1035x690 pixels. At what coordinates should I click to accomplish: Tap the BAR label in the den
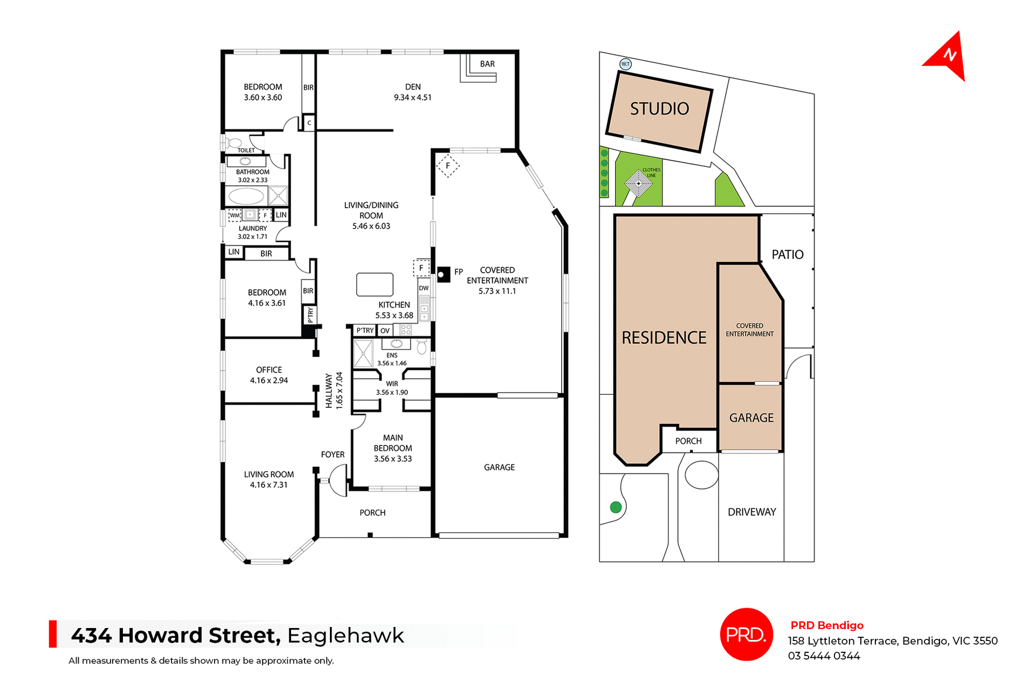coord(487,64)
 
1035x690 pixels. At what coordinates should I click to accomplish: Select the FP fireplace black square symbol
coord(443,275)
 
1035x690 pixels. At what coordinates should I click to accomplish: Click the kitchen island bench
coord(375,284)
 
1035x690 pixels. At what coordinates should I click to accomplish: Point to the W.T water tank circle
coord(625,64)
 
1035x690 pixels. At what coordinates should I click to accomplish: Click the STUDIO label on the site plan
coord(659,109)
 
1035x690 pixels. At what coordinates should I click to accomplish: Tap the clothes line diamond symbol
coord(639,183)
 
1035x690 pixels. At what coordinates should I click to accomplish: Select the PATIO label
coord(787,255)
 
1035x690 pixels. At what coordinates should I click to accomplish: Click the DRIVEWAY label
coord(751,512)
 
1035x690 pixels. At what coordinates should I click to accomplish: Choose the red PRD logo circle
coord(746,635)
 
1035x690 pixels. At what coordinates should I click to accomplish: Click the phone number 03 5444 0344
coord(824,656)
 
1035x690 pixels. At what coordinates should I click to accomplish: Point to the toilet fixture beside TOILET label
coord(234,143)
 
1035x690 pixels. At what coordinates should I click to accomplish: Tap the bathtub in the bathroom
coord(246,196)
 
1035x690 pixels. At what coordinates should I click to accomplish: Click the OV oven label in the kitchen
coord(385,331)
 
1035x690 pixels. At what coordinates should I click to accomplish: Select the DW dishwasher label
coord(424,288)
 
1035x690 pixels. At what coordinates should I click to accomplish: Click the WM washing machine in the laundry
coord(234,215)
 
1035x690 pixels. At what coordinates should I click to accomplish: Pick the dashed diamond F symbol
coord(447,166)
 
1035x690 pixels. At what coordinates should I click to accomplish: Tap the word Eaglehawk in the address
coord(346,636)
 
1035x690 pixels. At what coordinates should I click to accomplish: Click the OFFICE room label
coord(269,370)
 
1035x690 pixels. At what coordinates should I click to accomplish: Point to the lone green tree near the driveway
coord(616,507)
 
